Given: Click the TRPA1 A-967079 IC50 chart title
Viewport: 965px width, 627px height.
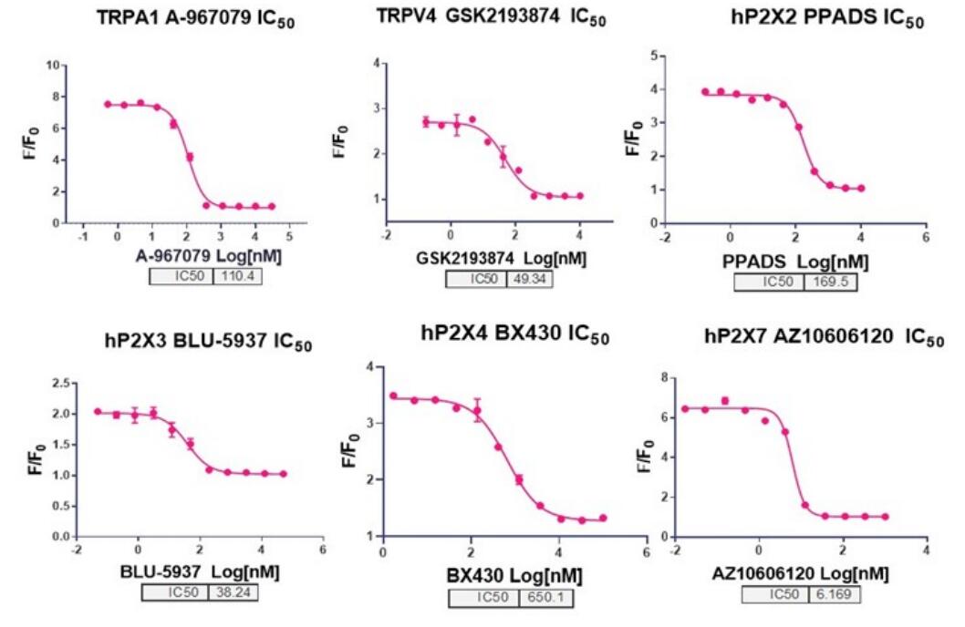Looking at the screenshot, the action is tap(196, 18).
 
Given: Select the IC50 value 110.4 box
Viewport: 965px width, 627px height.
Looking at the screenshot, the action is tap(237, 276).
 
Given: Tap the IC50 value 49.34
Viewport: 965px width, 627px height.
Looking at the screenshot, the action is tap(529, 279).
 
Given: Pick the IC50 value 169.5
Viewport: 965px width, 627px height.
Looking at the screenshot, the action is tap(830, 283).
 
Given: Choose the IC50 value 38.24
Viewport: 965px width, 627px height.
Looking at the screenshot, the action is tap(233, 592).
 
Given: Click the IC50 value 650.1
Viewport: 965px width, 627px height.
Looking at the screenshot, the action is tap(545, 598).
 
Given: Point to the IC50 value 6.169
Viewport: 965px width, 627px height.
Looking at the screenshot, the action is tap(834, 594).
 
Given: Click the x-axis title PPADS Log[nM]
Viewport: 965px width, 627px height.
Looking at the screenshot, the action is tap(795, 262).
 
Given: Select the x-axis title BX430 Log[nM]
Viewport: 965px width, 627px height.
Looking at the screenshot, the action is tap(514, 576).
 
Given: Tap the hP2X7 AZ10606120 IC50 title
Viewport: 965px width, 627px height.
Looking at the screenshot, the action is tap(824, 337).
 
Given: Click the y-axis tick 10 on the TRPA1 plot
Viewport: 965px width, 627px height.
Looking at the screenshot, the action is tap(53, 65).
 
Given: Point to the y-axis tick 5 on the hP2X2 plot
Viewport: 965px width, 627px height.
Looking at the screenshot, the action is tap(653, 57).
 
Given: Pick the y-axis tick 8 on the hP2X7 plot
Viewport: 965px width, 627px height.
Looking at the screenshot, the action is tap(664, 377).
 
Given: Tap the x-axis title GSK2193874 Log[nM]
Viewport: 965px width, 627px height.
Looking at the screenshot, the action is tap(501, 259).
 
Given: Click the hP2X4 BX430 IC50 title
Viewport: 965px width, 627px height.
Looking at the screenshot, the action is tap(515, 334).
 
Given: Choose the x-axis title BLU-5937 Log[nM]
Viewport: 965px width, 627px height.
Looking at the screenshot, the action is tap(200, 572).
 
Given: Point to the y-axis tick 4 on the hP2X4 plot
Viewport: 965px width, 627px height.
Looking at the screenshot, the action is tap(370, 367).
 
